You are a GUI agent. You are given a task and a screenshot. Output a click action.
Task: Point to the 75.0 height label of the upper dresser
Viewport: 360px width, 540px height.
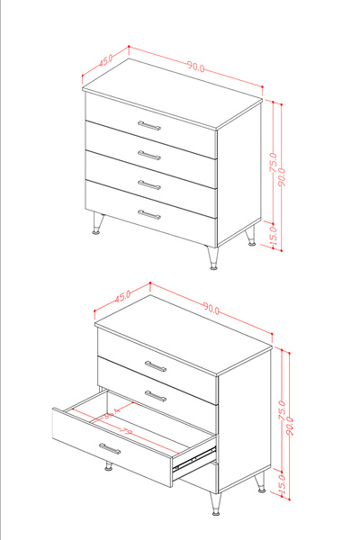point(273,163)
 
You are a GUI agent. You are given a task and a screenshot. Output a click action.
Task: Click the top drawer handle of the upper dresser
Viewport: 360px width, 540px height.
point(149,125)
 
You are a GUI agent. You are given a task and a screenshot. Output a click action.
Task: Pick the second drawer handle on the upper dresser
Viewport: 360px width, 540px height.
point(149,155)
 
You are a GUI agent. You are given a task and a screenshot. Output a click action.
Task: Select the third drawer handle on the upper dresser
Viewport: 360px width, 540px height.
point(149,184)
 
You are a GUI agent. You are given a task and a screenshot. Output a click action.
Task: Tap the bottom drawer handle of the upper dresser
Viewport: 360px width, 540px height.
point(149,214)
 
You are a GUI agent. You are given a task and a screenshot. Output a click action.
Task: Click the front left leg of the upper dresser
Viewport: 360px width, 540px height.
point(96,222)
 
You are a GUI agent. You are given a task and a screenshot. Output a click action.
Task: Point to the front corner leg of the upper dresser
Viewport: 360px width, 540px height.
point(213,257)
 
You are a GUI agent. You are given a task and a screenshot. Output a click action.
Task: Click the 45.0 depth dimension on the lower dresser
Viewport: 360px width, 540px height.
point(121,294)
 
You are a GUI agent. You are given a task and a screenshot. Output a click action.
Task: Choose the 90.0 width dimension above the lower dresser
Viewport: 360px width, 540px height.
point(211,309)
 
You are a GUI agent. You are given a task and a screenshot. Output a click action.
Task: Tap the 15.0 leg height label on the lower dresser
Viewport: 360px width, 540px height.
point(281,482)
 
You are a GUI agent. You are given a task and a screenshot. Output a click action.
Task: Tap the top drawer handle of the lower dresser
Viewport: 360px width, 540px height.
point(157,366)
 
